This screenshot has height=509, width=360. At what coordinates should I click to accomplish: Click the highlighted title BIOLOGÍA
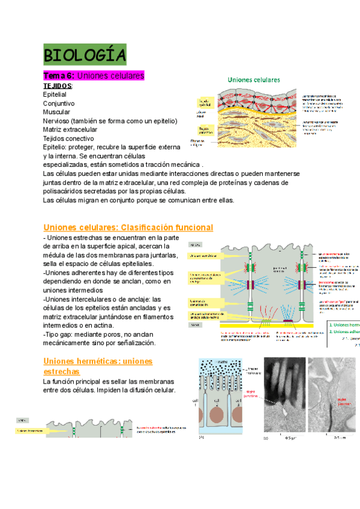tap(85, 55)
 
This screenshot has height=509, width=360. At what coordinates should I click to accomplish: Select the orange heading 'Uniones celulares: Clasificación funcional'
tap(128, 227)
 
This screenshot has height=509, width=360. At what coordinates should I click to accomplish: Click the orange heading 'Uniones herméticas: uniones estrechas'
tap(98, 366)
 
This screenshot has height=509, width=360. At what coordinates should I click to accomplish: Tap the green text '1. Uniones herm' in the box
tap(343, 324)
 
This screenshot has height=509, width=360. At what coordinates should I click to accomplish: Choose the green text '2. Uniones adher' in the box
tap(343, 331)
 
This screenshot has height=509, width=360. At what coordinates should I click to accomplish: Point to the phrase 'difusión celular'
tap(150, 390)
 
